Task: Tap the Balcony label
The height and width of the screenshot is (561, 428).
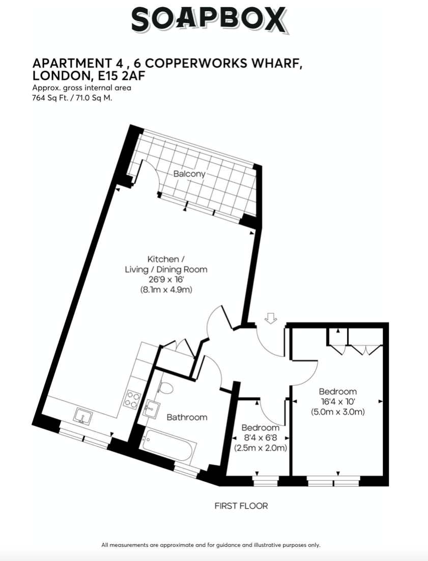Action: point(189,174)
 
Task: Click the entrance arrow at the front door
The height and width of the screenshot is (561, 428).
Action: point(271,318)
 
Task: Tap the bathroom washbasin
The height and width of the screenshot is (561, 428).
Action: point(152,408)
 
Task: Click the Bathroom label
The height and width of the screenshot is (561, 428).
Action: point(187,417)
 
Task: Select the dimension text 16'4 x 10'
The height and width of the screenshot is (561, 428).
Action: point(337,401)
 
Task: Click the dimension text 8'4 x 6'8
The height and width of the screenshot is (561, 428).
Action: point(261,437)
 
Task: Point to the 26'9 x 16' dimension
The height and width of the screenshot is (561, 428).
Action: point(166,279)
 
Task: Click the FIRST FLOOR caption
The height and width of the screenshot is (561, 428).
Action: point(241,506)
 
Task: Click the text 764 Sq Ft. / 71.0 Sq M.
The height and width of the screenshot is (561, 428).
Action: point(72,98)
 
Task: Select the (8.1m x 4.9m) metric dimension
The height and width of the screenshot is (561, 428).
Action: point(166,289)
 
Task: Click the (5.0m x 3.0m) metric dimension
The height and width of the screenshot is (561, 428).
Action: point(338,412)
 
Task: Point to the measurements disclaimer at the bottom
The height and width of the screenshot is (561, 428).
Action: point(211,545)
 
